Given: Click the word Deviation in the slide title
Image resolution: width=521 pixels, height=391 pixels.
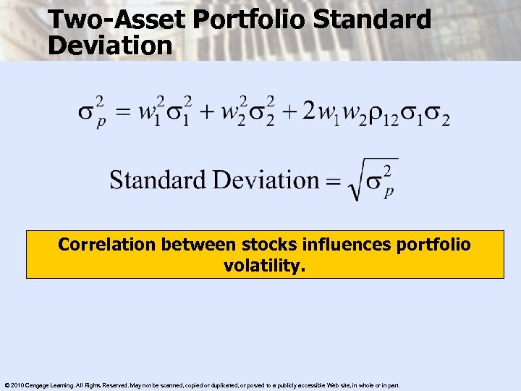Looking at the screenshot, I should [110, 46].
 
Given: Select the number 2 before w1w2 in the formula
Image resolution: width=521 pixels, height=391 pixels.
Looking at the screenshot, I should [309, 112].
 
